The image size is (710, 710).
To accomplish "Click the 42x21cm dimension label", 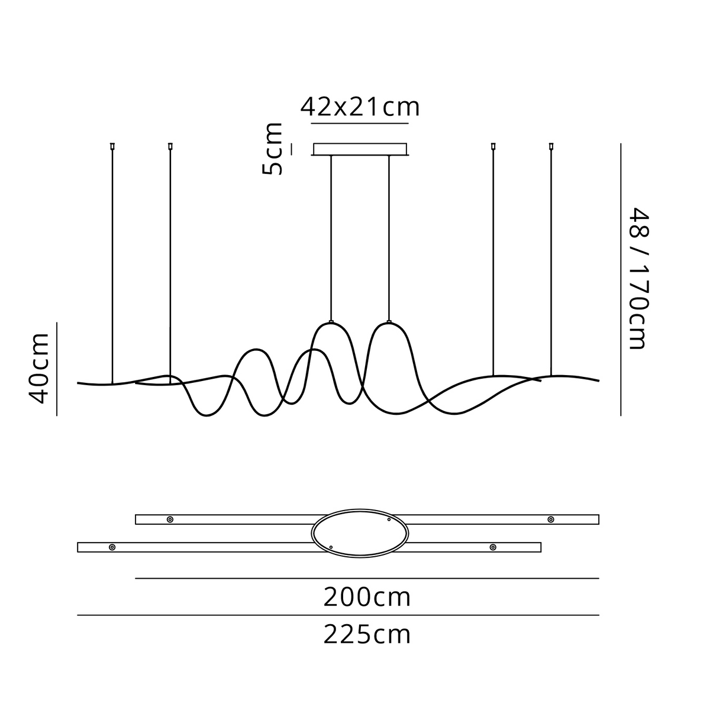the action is pyautogui.click(x=360, y=107).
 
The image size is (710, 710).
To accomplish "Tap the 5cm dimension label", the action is pyautogui.click(x=272, y=149).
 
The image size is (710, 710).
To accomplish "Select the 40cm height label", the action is pyautogui.click(x=38, y=369).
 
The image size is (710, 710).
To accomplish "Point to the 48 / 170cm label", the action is pyautogui.click(x=638, y=279).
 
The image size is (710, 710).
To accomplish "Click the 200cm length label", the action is pyautogui.click(x=367, y=598).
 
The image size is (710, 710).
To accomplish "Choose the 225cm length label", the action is pyautogui.click(x=367, y=634).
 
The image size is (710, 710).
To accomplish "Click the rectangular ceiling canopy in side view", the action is pyautogui.click(x=360, y=149).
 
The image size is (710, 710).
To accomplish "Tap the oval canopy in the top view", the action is pyautogui.click(x=360, y=533).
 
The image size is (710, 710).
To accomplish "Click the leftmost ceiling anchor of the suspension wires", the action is pyautogui.click(x=112, y=146).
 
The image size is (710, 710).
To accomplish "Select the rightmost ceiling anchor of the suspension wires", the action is pyautogui.click(x=551, y=146).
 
